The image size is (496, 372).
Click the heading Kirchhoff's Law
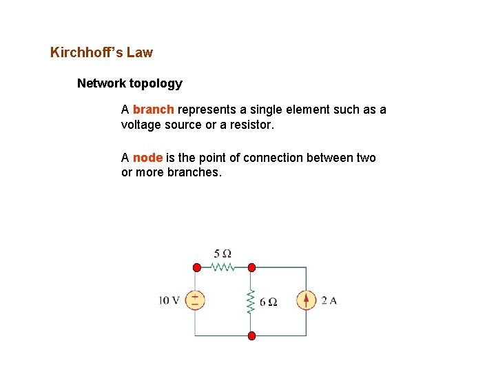pos(101,52)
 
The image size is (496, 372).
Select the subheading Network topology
pos(130,83)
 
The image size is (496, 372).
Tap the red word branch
pos(154,110)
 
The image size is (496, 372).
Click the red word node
pos(147,158)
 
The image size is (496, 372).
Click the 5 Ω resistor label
pos(223,254)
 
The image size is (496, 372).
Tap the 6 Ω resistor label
pos(268,302)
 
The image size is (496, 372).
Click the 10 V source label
pos(169,300)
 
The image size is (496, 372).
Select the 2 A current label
pos(329,300)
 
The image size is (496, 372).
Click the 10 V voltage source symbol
pos(196,300)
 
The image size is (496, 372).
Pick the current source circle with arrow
pos(306,300)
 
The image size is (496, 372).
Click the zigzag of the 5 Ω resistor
pos(223,267)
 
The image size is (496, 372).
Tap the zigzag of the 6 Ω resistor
pos(251,301)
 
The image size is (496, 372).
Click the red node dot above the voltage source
pos(196,267)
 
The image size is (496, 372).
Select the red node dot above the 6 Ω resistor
pos(251,267)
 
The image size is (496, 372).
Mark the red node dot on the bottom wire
pos(251,335)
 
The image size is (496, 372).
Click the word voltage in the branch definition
pos(142,125)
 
